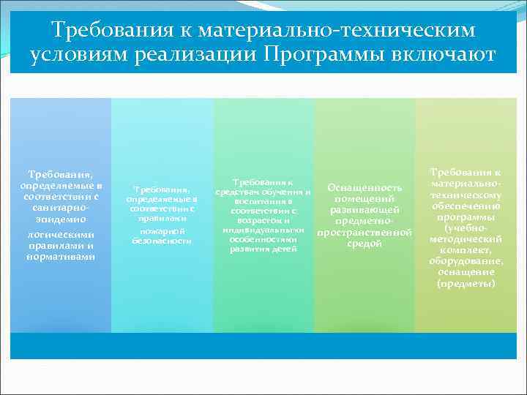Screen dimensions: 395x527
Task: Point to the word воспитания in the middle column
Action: pos(262,201)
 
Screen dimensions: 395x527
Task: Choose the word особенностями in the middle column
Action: pos(262,239)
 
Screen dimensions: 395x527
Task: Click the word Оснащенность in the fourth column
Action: pos(365,188)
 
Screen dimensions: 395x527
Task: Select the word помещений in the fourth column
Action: pos(365,199)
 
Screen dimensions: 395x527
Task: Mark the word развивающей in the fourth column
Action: pos(365,210)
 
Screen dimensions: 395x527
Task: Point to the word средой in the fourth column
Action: pos(365,243)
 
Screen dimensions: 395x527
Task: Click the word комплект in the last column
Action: pos(463,250)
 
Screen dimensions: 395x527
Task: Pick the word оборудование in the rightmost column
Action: pos(466,261)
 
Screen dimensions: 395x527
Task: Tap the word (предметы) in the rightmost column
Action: pos(466,282)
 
